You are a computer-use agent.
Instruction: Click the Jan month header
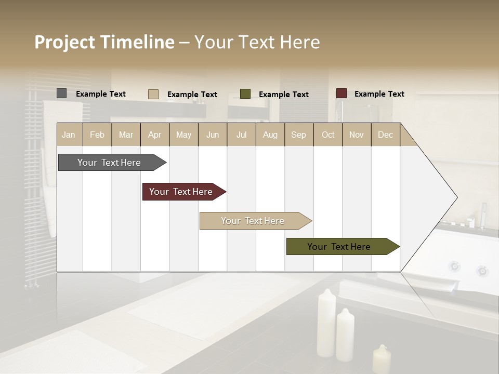pyautogui.click(x=69, y=135)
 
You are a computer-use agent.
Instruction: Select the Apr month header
pyautogui.click(x=154, y=135)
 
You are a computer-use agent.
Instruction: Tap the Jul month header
pyautogui.click(x=241, y=135)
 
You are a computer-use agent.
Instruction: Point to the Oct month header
pyautogui.click(x=328, y=135)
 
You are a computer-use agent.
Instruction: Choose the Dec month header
pyautogui.click(x=385, y=135)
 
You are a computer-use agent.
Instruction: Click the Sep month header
pyautogui.click(x=298, y=135)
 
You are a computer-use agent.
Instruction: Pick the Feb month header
pyautogui.click(x=97, y=135)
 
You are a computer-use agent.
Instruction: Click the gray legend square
pyautogui.click(x=61, y=94)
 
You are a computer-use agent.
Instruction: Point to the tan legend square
pyautogui.click(x=153, y=94)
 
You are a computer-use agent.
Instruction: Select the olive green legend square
pyautogui.click(x=245, y=94)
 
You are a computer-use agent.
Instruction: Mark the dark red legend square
pyautogui.click(x=341, y=94)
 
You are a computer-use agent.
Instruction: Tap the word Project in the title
pyautogui.click(x=64, y=42)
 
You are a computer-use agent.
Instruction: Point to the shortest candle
pyautogui.click(x=382, y=359)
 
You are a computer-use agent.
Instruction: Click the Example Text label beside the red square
pyautogui.click(x=379, y=94)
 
